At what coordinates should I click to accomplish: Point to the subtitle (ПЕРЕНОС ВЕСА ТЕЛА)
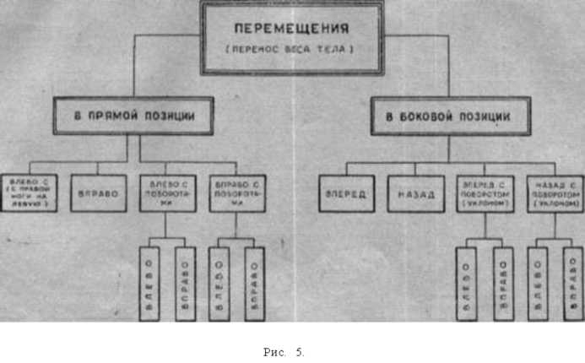[290, 51]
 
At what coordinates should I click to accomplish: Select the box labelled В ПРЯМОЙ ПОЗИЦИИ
[134, 116]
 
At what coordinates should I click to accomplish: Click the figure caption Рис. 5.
[284, 352]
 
